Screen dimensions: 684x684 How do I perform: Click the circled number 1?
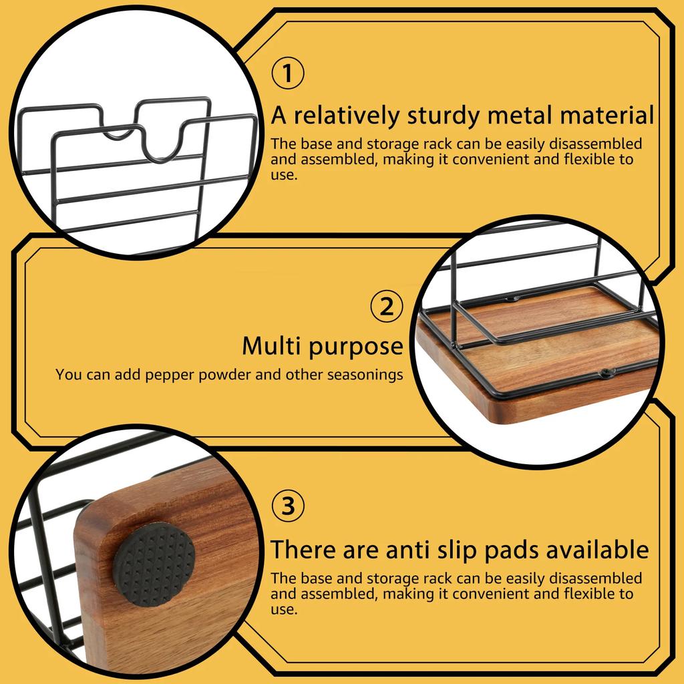287,74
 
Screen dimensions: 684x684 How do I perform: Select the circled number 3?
287,507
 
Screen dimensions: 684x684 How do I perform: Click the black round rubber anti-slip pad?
154,564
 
